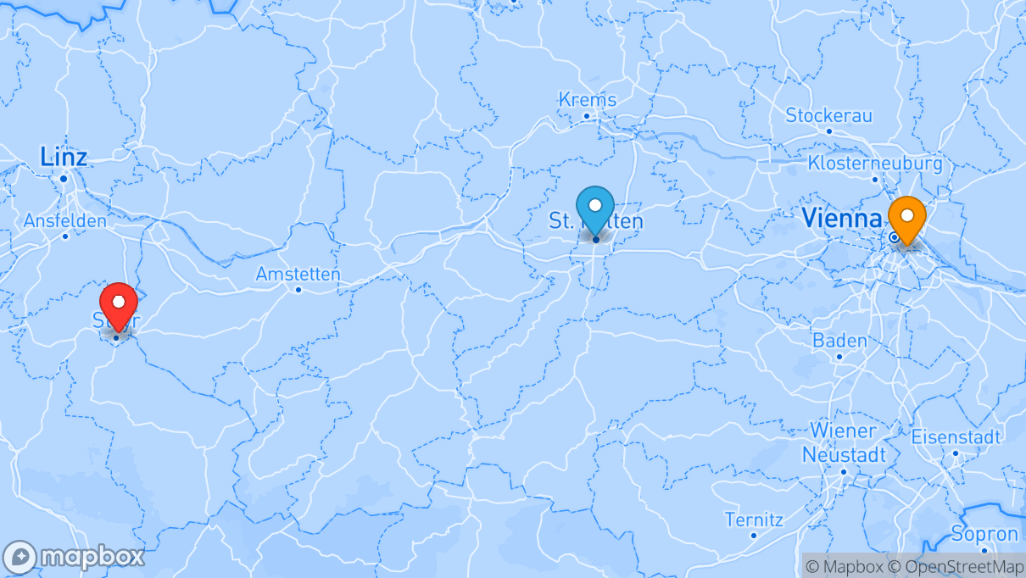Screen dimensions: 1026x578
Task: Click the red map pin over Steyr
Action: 119,303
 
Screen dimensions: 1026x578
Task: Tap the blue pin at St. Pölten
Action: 595,206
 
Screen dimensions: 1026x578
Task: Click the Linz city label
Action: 64,157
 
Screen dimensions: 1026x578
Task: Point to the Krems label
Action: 588,99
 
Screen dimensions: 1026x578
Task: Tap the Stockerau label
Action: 828,115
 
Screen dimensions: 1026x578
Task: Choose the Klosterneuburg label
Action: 875,162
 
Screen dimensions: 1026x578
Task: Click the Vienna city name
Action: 841,218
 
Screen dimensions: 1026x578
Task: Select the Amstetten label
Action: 298,274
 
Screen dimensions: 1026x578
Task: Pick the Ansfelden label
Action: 65,220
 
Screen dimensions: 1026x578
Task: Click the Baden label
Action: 839,341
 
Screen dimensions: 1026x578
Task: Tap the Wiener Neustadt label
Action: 844,442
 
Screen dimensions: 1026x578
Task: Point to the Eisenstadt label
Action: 956,437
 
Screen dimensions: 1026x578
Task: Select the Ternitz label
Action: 754,519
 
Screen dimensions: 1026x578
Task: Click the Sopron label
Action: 984,534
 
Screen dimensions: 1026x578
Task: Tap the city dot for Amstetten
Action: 298,290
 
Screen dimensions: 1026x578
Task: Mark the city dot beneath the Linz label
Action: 64,179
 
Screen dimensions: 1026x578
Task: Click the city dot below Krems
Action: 586,116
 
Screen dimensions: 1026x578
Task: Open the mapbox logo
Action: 74,558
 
